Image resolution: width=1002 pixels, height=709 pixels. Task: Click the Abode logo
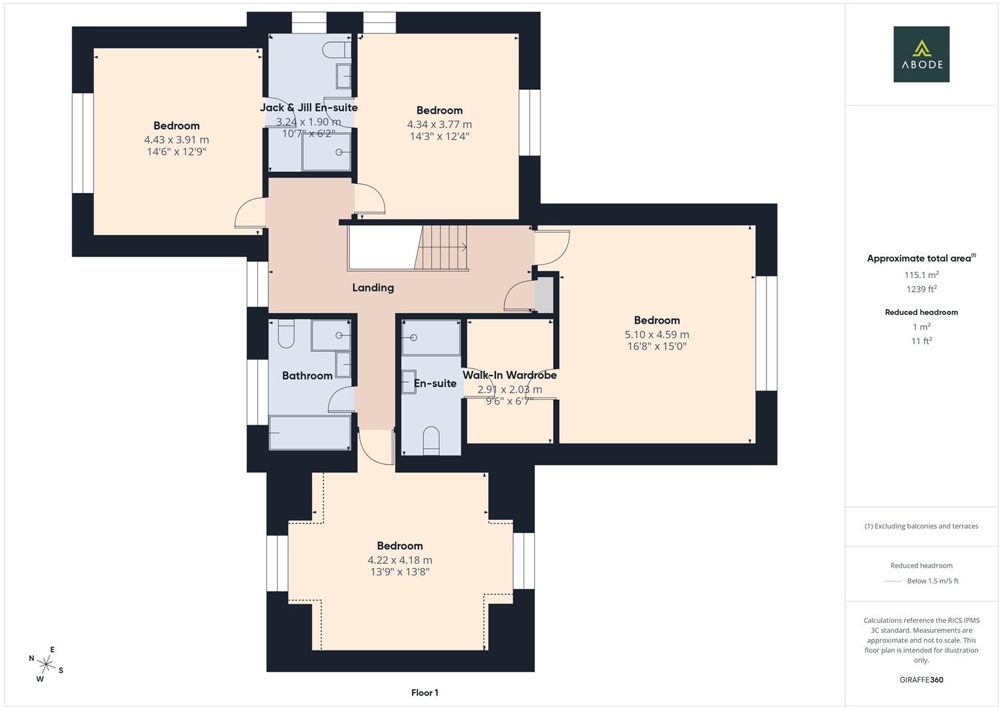(x=921, y=54)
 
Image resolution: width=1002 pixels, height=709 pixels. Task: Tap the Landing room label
(x=373, y=288)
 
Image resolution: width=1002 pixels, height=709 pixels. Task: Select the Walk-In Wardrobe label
(x=509, y=376)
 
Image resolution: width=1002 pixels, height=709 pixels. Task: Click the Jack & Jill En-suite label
(x=308, y=108)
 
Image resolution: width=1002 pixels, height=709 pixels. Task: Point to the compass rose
(x=45, y=664)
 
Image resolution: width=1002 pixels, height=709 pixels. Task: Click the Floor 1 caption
(x=425, y=693)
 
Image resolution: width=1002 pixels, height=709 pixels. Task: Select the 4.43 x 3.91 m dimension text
(x=177, y=140)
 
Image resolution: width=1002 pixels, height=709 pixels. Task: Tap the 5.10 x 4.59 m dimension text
(x=656, y=335)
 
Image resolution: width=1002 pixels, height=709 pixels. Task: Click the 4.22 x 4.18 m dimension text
(x=400, y=560)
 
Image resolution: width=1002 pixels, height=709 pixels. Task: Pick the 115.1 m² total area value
(x=921, y=275)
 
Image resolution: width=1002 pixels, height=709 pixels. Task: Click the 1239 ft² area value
(x=921, y=289)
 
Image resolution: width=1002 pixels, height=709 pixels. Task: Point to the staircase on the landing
(x=442, y=247)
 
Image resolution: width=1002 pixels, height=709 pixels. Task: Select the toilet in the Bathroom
(x=286, y=334)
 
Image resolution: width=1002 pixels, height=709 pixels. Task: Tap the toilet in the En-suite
(x=430, y=440)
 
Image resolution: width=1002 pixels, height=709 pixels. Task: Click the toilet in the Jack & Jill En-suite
(x=343, y=49)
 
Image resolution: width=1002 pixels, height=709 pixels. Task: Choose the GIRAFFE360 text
(x=921, y=679)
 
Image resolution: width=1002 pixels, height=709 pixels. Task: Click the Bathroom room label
(x=307, y=376)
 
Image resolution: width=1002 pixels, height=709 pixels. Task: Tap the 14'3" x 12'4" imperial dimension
(x=439, y=137)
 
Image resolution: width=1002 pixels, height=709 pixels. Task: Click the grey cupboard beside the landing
(x=544, y=295)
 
